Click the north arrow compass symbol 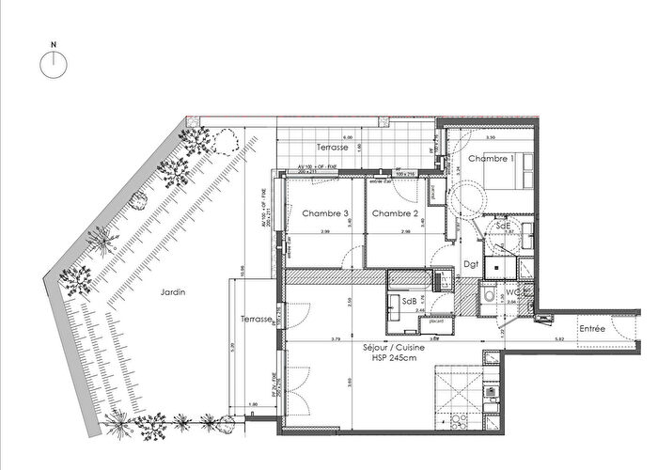[x=55, y=62]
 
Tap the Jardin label [x=173, y=291]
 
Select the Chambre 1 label [x=491, y=159]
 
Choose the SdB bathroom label [x=410, y=301]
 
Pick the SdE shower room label [x=503, y=226]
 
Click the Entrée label [x=591, y=328]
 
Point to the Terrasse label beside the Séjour [x=256, y=320]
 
